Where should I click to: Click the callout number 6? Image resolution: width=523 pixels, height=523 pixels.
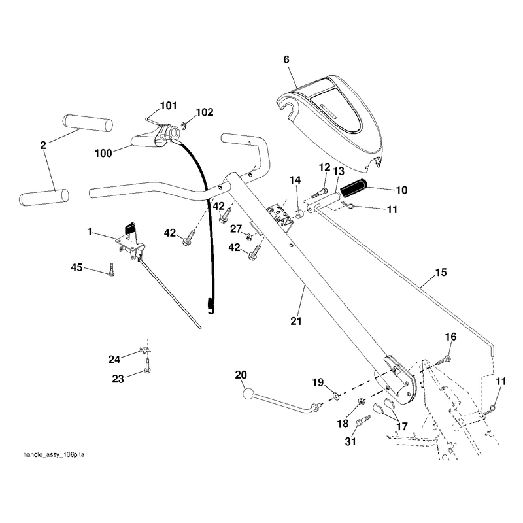coord(286,59)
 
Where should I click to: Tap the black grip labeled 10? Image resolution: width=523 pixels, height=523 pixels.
coord(354,188)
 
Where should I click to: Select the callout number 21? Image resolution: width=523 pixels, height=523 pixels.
coord(296,321)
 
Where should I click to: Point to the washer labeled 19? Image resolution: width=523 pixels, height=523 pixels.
coord(335,396)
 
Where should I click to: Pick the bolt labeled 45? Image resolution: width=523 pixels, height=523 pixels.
coord(111,269)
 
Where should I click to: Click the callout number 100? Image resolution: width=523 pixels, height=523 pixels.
coord(103,154)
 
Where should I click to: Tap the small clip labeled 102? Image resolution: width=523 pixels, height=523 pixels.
coord(184,125)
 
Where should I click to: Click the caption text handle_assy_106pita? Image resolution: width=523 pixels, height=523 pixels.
coord(54,454)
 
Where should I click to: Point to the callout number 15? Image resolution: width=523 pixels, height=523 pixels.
coord(441,273)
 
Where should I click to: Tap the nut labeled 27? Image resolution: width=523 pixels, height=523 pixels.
coord(248,237)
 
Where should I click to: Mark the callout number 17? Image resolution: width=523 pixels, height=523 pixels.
coord(401,427)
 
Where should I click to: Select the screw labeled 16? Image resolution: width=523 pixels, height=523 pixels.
coord(444,360)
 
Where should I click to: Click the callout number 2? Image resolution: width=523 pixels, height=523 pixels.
coord(43,145)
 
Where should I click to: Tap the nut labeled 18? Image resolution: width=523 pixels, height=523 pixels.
coord(362,401)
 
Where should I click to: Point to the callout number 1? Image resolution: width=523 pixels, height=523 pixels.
coord(89,231)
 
